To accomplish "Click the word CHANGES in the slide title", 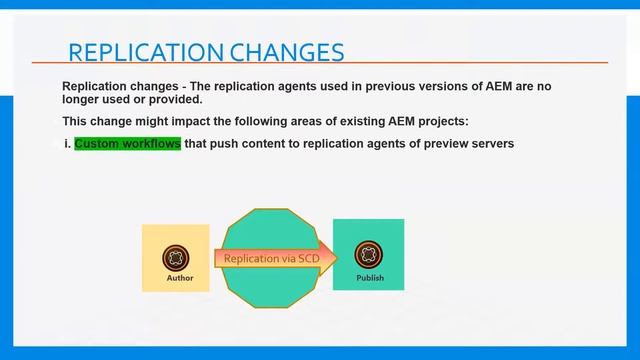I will tap(289, 52).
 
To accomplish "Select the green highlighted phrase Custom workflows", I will tap(127, 144).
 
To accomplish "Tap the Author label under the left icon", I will tap(180, 278).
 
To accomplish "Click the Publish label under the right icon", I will tap(370, 278).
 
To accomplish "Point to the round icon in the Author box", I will tap(177, 256).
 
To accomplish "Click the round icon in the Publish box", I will tap(369, 255).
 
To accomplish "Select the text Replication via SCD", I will tap(265, 259).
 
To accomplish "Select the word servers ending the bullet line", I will tap(490, 144).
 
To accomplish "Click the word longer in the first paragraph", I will tap(84, 99).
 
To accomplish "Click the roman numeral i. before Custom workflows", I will tap(67, 144).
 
